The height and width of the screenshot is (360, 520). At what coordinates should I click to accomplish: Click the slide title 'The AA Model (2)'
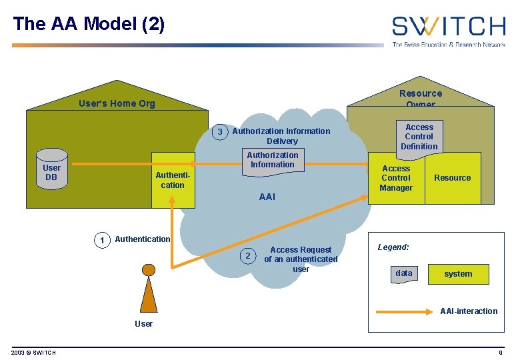tap(89, 24)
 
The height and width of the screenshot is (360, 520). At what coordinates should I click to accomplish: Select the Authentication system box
tap(173, 180)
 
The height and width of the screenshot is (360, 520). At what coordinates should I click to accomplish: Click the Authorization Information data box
tap(273, 161)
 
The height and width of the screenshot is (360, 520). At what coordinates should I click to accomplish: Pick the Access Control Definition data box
tap(419, 137)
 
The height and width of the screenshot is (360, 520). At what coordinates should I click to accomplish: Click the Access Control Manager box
tap(396, 178)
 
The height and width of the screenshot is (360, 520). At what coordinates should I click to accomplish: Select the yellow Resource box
tap(453, 178)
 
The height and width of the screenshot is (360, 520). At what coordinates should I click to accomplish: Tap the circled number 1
tap(101, 240)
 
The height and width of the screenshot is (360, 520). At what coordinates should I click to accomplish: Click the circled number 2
tap(247, 256)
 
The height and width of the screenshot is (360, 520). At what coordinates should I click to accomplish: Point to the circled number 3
tap(220, 132)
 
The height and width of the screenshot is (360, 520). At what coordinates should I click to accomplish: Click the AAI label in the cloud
tap(267, 197)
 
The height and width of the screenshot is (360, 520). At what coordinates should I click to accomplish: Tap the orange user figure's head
tap(149, 270)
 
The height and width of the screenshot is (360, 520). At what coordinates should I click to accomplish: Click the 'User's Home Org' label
tap(117, 103)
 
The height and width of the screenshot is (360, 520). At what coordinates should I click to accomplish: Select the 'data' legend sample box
tap(404, 273)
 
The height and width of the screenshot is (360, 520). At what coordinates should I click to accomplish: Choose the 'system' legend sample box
tap(458, 274)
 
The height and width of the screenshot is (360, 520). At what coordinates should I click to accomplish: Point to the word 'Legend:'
tap(393, 247)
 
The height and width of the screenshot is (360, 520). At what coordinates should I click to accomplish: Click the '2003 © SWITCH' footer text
tap(33, 353)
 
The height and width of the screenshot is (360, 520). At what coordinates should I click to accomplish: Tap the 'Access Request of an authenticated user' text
tap(301, 259)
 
